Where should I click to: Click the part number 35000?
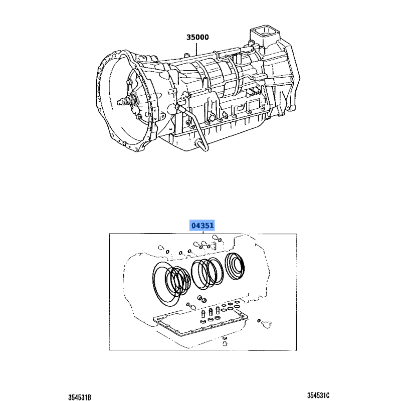197,37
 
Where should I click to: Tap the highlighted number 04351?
202,225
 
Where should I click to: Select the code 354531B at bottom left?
80,397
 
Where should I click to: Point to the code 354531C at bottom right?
318,395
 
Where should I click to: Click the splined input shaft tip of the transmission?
121,102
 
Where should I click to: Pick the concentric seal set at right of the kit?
235,266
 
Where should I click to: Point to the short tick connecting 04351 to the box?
203,232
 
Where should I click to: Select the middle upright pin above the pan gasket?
211,312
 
